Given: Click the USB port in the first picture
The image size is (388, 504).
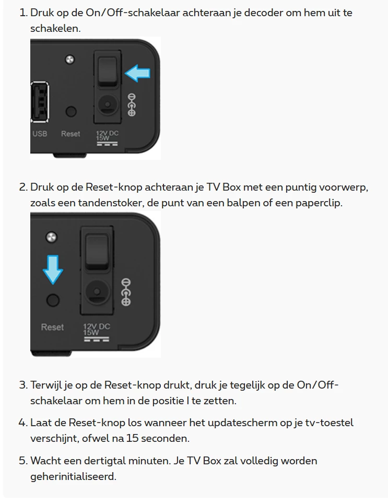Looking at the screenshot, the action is (x=40, y=102).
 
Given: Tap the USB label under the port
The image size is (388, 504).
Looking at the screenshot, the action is (x=40, y=134).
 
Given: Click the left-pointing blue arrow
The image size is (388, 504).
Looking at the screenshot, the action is (x=137, y=73).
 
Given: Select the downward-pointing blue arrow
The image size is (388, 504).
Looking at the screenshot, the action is (x=53, y=269).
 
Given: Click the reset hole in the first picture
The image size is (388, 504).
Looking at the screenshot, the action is (x=71, y=112).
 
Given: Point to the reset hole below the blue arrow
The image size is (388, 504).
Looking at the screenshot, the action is (x=53, y=300).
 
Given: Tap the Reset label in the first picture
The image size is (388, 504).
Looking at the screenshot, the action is (x=70, y=134).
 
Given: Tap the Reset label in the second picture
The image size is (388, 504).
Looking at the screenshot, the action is (x=52, y=327).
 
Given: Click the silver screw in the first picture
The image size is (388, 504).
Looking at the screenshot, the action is (x=70, y=60).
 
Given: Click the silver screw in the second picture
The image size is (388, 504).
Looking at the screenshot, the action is (x=51, y=238).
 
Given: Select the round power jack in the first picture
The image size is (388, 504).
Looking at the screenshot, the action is (x=108, y=104).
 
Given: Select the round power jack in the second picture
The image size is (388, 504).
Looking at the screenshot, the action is (x=97, y=292).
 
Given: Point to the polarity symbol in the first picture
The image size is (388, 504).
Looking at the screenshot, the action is (x=132, y=105).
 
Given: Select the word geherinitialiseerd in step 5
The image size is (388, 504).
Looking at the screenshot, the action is (x=73, y=476).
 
